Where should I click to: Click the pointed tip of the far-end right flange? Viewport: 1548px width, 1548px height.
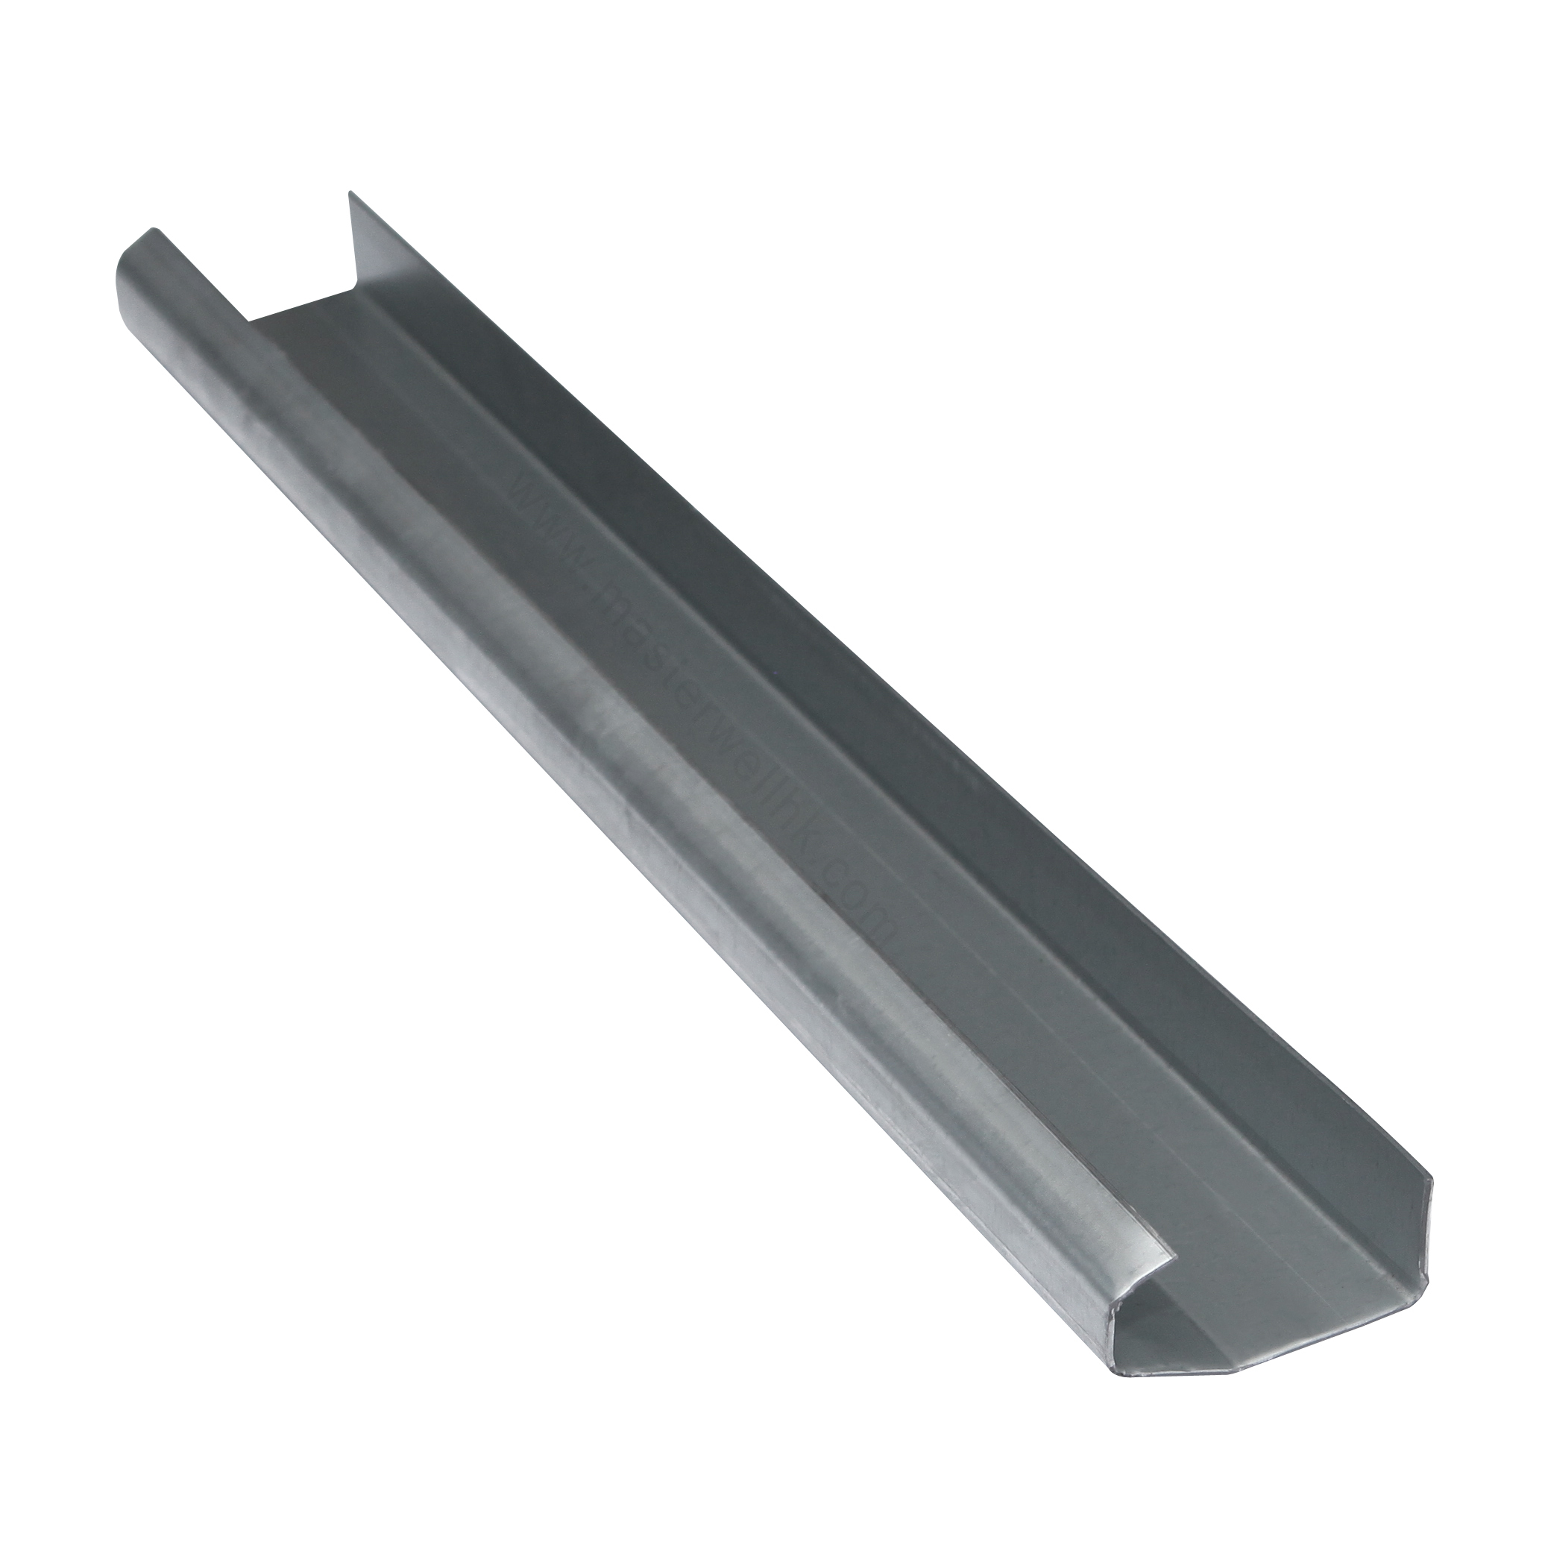pos(349,193)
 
